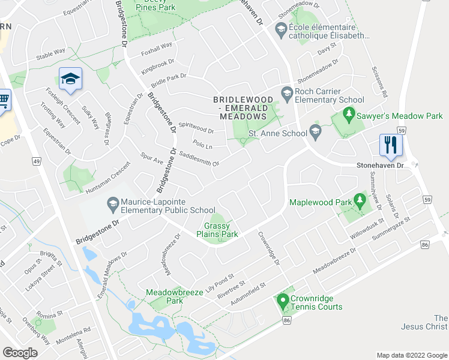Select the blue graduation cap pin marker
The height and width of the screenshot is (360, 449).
tap(70, 79)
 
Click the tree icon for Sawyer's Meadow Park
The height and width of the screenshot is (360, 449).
tap(348, 113)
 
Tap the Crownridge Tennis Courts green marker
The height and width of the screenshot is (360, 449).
tap(282, 302)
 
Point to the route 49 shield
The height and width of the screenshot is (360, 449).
tap(37, 161)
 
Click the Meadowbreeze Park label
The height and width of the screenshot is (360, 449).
tap(166, 296)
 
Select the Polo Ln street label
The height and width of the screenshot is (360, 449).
tap(203, 146)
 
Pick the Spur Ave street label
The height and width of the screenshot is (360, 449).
tap(151, 160)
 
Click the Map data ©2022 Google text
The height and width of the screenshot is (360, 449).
tap(411, 355)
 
